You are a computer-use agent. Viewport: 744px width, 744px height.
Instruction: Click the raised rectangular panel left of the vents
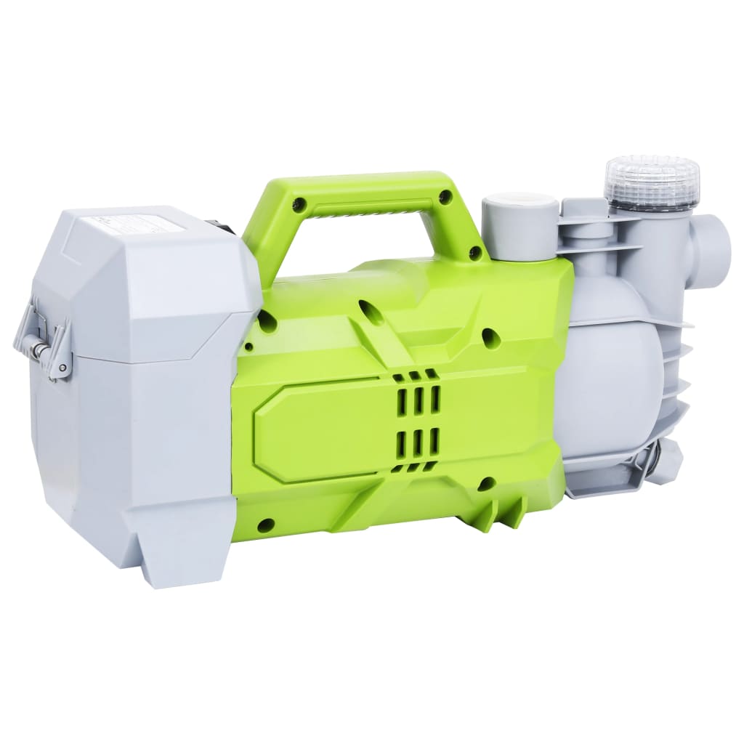point(320,428)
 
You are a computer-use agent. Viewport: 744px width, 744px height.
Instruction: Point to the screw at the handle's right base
point(476,254)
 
